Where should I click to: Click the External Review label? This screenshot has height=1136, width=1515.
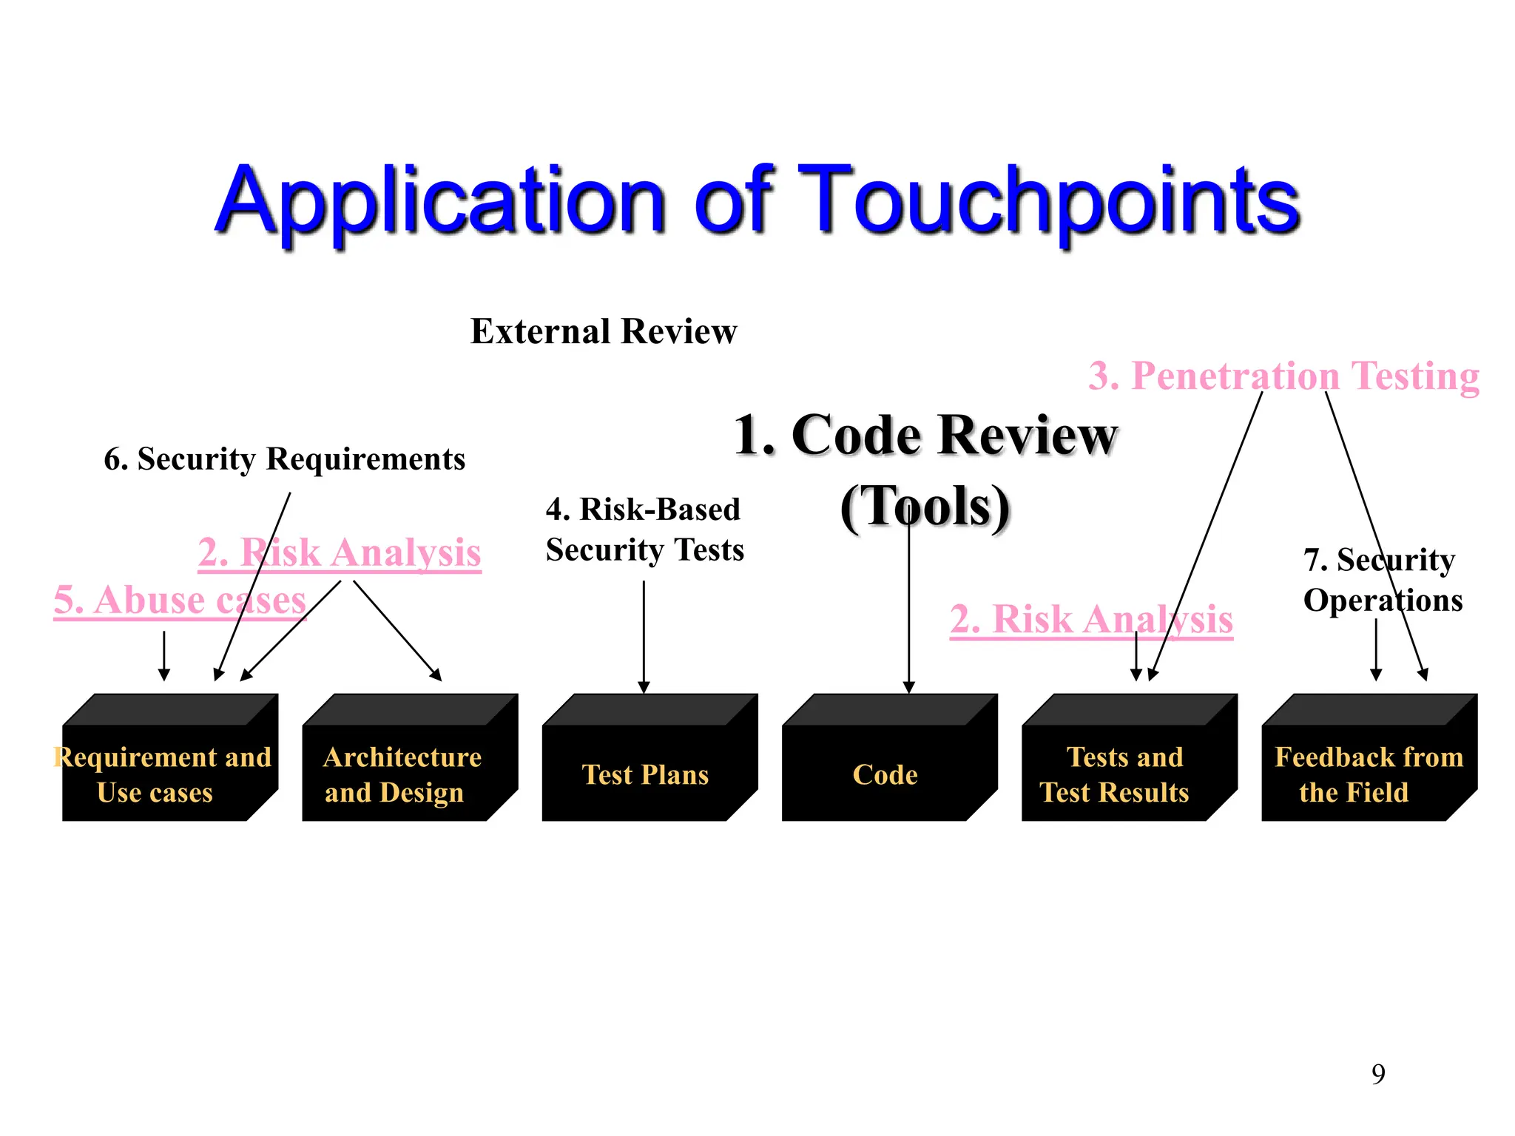pos(604,331)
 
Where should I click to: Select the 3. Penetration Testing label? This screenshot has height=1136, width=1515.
pos(1283,376)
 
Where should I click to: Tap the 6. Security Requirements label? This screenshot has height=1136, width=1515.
pos(285,459)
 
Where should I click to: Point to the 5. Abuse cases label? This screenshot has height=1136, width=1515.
pos(180,600)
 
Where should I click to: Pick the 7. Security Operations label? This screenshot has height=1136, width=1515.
pos(1382,581)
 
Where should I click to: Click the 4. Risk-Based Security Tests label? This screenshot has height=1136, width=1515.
pos(644,530)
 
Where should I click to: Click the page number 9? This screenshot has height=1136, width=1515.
pos(1378,1073)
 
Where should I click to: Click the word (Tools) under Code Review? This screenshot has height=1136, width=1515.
pos(925,507)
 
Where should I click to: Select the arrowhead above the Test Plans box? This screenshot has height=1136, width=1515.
pos(644,686)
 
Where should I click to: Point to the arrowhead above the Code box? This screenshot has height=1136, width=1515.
pos(909,686)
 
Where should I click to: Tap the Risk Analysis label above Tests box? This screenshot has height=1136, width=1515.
pos(1091,619)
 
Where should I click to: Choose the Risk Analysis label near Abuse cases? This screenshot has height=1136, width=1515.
pos(340,552)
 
